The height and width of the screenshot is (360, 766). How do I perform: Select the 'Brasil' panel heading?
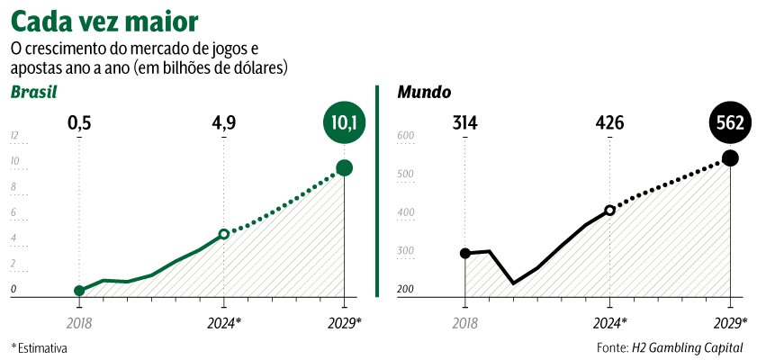click(33, 93)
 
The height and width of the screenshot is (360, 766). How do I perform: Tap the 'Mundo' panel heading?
click(424, 93)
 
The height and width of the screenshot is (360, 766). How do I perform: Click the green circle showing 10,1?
click(345, 124)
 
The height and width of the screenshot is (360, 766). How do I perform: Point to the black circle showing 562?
click(730, 124)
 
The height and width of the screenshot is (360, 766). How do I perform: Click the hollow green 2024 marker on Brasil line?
click(224, 234)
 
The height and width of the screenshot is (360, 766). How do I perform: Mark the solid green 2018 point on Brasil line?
click(79, 291)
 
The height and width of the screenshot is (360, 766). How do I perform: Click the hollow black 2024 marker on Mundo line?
click(609, 210)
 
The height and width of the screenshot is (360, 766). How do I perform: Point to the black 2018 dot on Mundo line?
click(464, 253)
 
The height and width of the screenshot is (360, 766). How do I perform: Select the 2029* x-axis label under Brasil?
click(344, 322)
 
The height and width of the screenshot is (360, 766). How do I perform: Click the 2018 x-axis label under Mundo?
click(464, 322)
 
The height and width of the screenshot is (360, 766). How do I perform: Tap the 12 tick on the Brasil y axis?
click(14, 137)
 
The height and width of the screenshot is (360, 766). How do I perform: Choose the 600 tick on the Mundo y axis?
click(405, 137)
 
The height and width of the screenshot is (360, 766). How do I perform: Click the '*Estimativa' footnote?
click(39, 347)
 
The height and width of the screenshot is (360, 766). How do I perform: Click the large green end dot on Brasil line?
click(344, 167)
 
